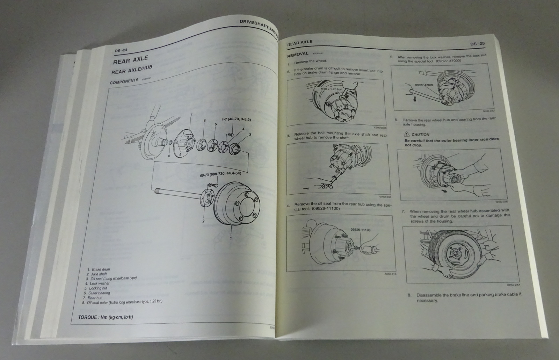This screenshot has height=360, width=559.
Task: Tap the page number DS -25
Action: (x=478, y=44)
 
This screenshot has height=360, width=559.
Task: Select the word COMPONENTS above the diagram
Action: (x=124, y=82)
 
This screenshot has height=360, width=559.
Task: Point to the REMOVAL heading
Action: (x=298, y=55)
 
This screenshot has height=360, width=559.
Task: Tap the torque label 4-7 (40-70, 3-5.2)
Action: (x=236, y=120)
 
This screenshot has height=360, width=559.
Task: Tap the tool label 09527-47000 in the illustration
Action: (x=424, y=85)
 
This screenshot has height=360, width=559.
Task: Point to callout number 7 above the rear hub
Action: (x=191, y=115)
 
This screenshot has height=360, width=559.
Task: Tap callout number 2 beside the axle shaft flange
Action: (x=203, y=221)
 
